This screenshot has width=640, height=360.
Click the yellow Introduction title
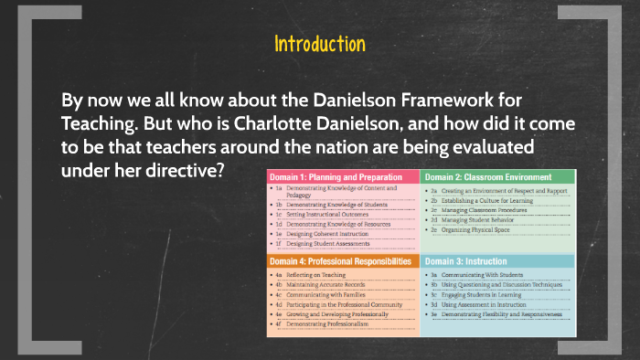coord(320,44)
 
